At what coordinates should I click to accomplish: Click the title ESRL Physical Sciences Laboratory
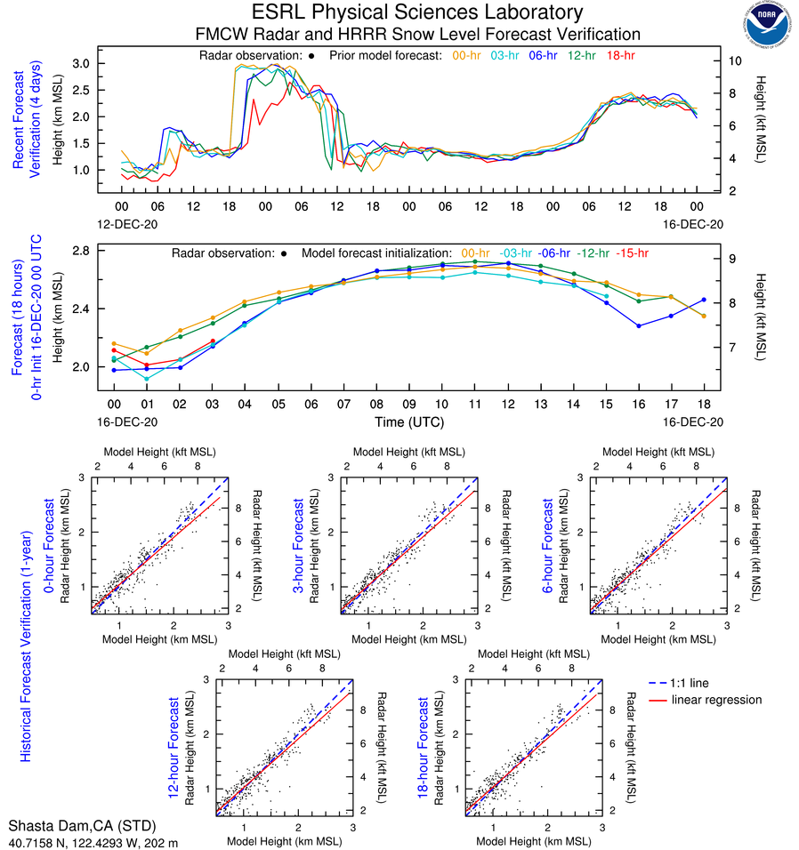(x=417, y=12)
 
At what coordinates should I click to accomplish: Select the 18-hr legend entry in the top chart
(x=619, y=56)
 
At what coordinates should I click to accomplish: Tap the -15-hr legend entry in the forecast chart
(x=632, y=253)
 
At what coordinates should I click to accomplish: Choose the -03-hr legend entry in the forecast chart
(x=517, y=253)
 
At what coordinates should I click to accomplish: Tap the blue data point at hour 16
(x=639, y=325)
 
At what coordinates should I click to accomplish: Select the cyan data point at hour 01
(x=147, y=378)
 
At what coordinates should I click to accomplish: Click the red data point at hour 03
(x=212, y=341)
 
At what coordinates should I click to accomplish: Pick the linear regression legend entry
(x=716, y=700)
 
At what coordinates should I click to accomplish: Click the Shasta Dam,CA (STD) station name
(x=70, y=824)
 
